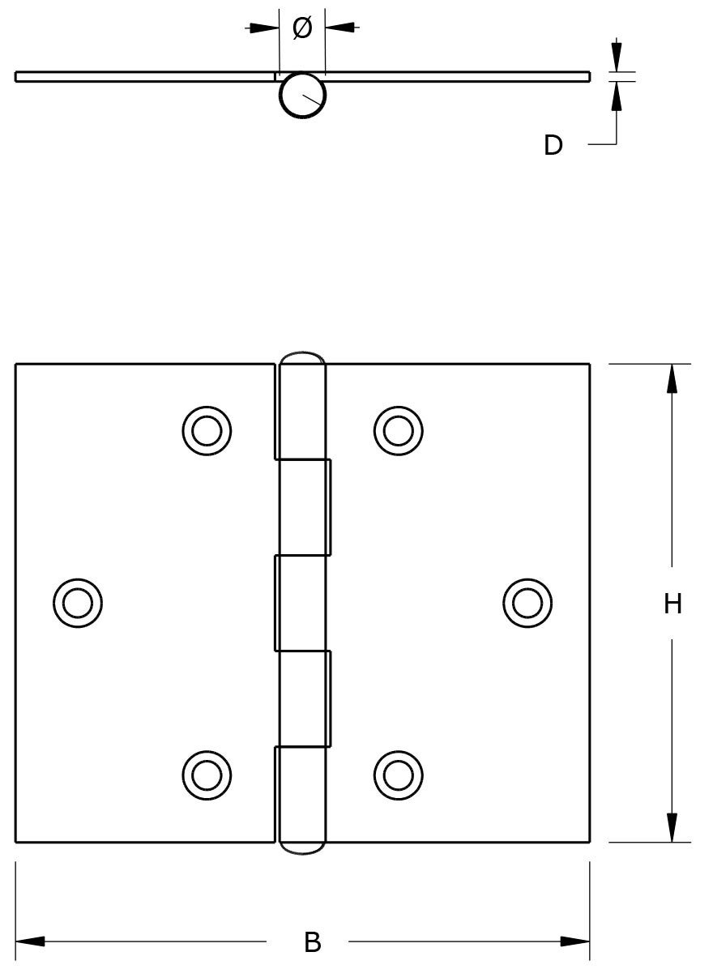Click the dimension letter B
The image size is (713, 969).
pos(313,942)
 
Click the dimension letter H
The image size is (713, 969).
pos(672,604)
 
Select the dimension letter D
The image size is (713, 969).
pos(553,146)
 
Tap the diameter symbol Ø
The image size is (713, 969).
pos(301,28)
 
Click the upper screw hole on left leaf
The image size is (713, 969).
pos(207,429)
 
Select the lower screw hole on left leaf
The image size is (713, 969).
pos(207,775)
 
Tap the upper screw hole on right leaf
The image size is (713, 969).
pos(398,429)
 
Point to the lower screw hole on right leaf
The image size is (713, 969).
pos(398,775)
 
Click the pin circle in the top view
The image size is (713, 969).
pos(302,96)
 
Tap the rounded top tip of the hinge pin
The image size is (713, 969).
pos(302,357)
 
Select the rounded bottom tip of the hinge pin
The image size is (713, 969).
pos(302,848)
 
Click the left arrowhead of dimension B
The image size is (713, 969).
pos(29,941)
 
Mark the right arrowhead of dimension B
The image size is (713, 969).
pos(575,941)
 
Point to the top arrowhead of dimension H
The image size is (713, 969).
pos(672,378)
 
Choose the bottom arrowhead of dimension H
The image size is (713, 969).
pos(672,828)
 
